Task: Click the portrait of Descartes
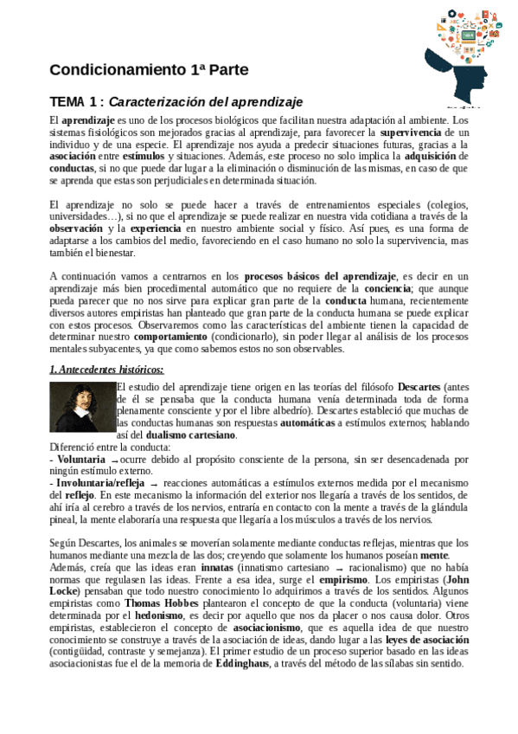[82, 407]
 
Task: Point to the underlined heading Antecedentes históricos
[106, 370]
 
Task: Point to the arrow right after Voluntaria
[114, 460]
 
